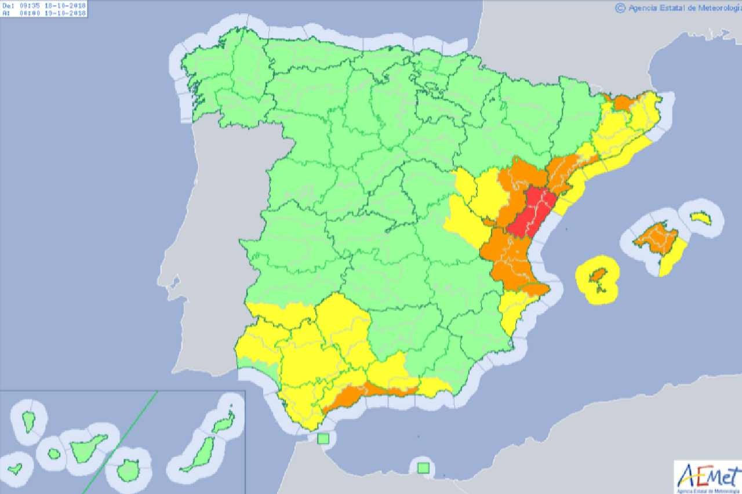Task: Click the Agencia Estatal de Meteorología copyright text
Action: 678,8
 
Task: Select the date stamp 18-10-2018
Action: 65,5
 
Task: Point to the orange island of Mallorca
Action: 656,238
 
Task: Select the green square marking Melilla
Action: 424,467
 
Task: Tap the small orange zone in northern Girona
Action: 623,103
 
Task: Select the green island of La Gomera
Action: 54,454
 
